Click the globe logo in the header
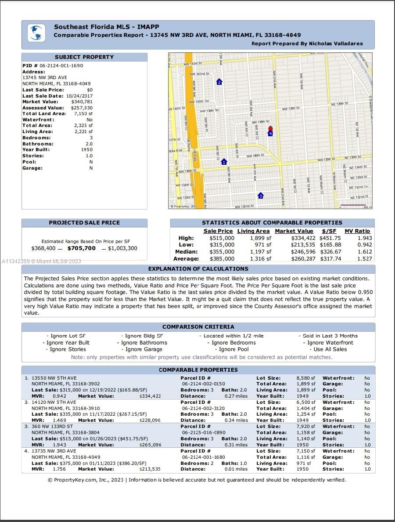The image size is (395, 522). pyautogui.click(x=36, y=33)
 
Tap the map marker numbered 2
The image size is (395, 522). pyautogui.click(x=219, y=82)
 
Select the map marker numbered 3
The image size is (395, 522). pyautogui.click(x=261, y=196)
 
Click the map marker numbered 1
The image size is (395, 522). pyautogui.click(x=224, y=162)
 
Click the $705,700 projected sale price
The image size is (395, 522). pyautogui.click(x=81, y=248)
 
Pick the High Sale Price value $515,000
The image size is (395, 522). pyautogui.click(x=222, y=238)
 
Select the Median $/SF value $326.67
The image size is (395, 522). pyautogui.click(x=331, y=252)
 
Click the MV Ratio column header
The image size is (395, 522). pyautogui.click(x=357, y=231)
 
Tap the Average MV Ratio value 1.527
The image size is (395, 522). pyautogui.click(x=364, y=259)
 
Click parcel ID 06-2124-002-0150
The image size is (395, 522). pyautogui.click(x=203, y=384)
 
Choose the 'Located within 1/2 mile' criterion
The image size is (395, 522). pyautogui.click(x=231, y=336)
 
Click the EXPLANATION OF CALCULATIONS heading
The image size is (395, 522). pyautogui.click(x=198, y=269)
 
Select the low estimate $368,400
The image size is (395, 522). pyautogui.click(x=43, y=248)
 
